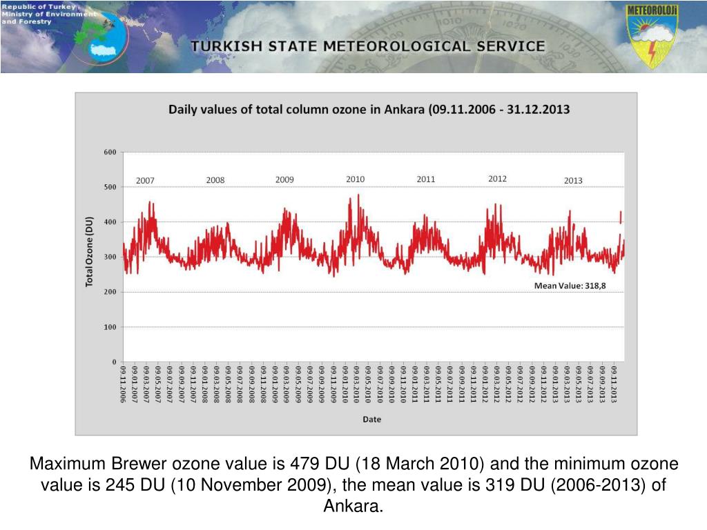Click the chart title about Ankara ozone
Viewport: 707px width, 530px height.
[369, 109]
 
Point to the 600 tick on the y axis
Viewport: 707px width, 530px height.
[110, 152]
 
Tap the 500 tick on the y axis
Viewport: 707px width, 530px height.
[110, 187]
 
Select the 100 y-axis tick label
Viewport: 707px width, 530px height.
[110, 326]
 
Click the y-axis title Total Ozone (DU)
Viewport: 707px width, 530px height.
[89, 252]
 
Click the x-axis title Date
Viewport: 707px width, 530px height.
[371, 419]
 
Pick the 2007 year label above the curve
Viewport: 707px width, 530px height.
[145, 181]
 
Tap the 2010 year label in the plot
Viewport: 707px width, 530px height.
[355, 179]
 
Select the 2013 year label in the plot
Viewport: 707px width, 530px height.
[573, 181]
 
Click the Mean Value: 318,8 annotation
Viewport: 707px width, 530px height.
[570, 286]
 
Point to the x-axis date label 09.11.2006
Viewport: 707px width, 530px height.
[123, 385]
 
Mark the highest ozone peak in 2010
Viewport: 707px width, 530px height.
[358, 195]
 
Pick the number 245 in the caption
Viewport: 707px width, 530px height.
[119, 484]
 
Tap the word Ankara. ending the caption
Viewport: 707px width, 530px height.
[353, 506]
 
